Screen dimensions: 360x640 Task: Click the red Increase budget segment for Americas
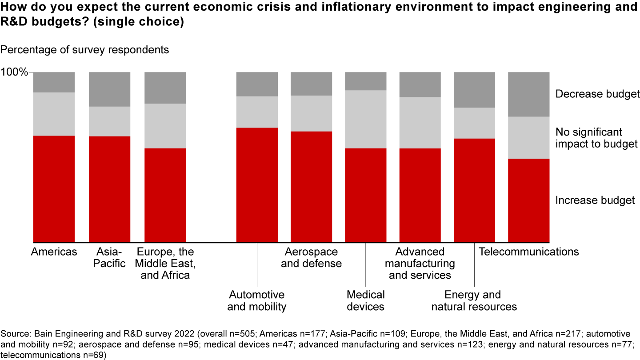54,189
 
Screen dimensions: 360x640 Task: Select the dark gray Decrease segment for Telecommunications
528,94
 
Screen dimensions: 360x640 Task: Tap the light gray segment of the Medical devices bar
366,119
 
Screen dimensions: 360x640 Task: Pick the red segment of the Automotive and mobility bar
257,185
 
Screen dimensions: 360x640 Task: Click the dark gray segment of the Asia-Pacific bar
109,89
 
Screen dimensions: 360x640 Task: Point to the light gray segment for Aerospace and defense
311,113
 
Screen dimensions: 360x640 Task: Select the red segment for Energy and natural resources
474,190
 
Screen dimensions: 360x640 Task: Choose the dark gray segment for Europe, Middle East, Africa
165,88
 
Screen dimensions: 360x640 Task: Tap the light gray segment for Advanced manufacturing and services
420,123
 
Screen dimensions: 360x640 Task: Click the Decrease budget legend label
597,94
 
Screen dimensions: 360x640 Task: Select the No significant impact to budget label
596,138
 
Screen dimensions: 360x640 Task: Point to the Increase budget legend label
595,200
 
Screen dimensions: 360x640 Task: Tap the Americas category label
54,252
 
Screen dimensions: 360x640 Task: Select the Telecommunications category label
528,252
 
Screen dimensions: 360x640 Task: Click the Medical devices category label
366,300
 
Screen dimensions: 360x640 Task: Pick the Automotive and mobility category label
257,300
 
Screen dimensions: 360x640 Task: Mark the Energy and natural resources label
474,300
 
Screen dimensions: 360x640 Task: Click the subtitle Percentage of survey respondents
84,50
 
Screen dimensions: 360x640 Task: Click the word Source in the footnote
13,333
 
